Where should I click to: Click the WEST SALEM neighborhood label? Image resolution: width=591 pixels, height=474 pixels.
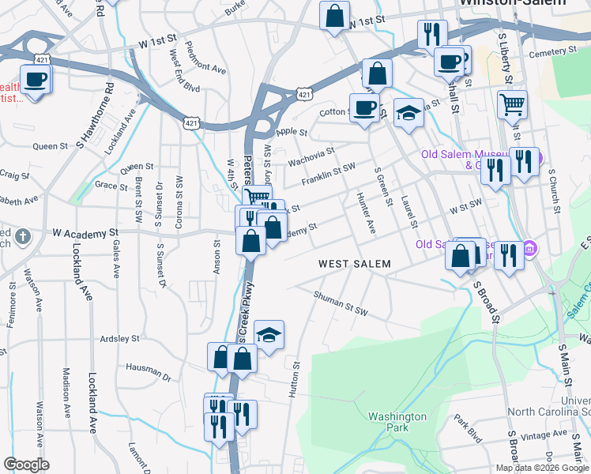[x=355, y=263]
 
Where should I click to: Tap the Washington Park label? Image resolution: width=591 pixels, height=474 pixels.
[x=397, y=422]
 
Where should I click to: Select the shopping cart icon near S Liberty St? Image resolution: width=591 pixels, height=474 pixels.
[x=512, y=103]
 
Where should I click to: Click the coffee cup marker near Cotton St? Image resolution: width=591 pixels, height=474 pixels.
[x=364, y=107]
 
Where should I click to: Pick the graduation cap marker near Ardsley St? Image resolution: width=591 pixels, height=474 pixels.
[x=269, y=334]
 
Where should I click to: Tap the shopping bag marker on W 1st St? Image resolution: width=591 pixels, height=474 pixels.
[x=334, y=14]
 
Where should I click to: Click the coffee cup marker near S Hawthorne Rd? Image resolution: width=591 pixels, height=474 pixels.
[x=36, y=79]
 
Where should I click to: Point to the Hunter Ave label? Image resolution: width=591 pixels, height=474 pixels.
[x=366, y=213]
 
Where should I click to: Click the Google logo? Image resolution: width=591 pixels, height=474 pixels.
[x=26, y=464]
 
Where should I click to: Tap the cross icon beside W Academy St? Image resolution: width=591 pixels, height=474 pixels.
[x=24, y=235]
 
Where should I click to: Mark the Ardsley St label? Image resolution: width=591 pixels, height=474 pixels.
[x=119, y=338]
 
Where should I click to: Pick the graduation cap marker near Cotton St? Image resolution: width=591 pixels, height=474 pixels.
[x=408, y=114]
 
